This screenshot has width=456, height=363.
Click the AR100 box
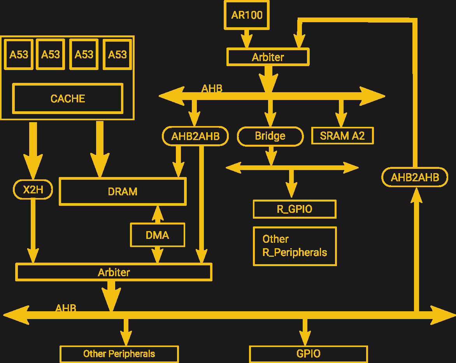(247, 15)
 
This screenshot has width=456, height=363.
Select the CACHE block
(68, 98)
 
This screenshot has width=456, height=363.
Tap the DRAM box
(123, 191)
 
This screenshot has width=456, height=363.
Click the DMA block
(157, 235)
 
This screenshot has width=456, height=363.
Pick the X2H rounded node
(33, 189)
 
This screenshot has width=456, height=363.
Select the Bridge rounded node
(270, 136)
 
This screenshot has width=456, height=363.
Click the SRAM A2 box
(342, 136)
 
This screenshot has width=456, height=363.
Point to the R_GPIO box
(295, 209)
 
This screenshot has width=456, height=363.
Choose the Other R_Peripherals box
(295, 246)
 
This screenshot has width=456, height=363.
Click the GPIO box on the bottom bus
(308, 354)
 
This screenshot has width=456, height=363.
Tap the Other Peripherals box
(119, 354)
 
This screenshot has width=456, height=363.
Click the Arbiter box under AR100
(268, 57)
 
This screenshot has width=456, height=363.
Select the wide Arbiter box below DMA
(114, 272)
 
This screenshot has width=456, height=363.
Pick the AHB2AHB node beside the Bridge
(195, 136)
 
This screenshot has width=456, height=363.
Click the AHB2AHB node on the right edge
(415, 177)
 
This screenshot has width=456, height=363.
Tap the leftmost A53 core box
(19, 54)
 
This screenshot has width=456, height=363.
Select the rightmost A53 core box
(117, 54)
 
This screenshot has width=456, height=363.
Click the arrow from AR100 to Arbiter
(247, 39)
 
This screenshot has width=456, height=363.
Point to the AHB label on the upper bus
(212, 89)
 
